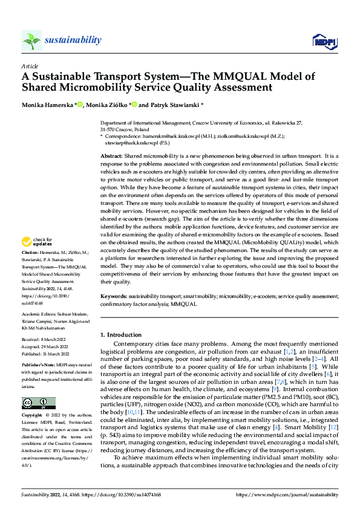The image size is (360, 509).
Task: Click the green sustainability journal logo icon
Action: coord(31,41)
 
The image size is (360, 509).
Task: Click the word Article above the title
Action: coord(30,66)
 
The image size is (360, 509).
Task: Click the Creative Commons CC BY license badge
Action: coord(38,403)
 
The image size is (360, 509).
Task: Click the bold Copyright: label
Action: coord(33,416)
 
